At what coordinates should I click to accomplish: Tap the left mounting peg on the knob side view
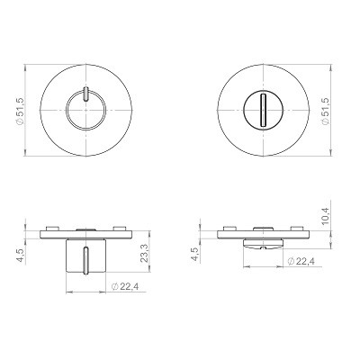click(x=55, y=226)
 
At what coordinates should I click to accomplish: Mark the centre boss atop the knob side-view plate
click(x=85, y=227)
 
